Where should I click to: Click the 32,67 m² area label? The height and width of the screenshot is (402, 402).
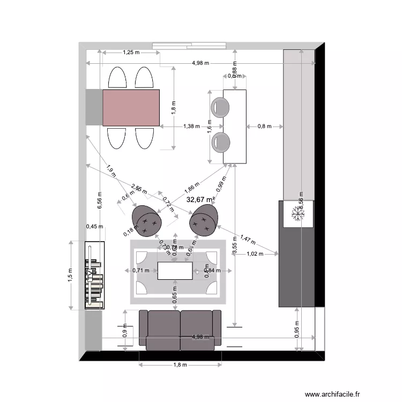click(x=200, y=199)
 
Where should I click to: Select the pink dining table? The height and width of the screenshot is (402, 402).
click(x=131, y=108)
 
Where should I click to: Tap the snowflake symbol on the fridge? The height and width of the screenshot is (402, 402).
click(x=297, y=214)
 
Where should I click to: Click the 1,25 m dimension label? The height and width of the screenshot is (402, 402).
click(x=131, y=53)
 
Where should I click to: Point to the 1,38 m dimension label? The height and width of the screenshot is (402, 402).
click(x=191, y=126)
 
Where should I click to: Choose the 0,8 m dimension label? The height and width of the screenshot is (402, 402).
click(x=264, y=126)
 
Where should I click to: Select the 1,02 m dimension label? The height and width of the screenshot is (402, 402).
click(x=255, y=254)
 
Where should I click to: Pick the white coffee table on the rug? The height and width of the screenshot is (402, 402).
click(x=175, y=270)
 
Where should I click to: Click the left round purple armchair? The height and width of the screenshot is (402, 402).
click(x=147, y=220)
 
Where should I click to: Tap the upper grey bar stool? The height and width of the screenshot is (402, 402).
click(x=220, y=107)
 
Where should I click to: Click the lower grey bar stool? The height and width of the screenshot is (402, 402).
click(x=220, y=143)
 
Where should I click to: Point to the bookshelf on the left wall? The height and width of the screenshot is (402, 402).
click(x=94, y=275)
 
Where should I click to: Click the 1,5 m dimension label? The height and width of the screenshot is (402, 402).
click(x=70, y=275)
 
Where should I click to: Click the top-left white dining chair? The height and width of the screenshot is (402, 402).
click(x=117, y=78)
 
